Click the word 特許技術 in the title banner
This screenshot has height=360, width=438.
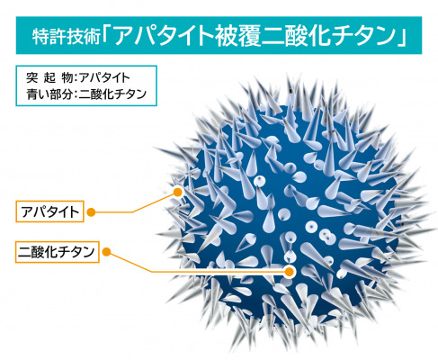click(x=67, y=37)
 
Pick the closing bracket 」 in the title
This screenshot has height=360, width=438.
click(x=402, y=37)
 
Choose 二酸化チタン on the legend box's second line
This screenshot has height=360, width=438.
click(x=112, y=94)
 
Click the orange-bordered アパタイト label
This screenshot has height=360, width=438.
click(x=49, y=211)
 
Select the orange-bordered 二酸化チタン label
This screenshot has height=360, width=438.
click(x=57, y=252)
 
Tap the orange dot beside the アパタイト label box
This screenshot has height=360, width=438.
click(x=91, y=212)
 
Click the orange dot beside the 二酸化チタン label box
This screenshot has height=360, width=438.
click(x=106, y=252)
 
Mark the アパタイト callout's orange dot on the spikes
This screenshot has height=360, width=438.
click(x=178, y=192)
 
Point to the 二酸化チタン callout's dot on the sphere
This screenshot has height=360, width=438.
click(x=289, y=272)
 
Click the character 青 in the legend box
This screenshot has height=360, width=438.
click(x=31, y=94)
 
